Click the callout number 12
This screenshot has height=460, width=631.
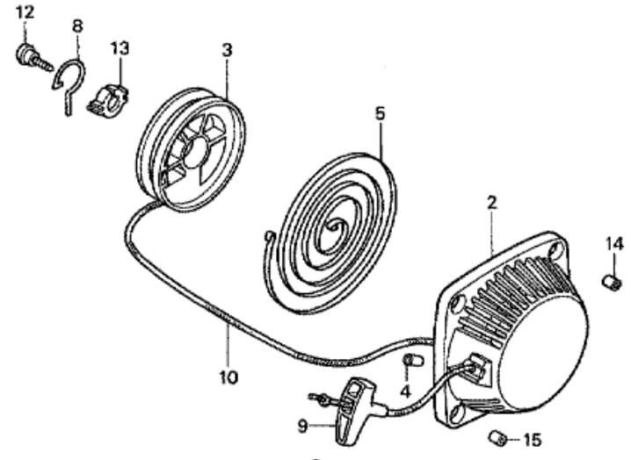[25, 13]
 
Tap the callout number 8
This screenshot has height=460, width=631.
[77, 26]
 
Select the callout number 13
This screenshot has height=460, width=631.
[120, 48]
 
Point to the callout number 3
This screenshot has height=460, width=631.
[227, 50]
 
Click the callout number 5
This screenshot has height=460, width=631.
[380, 113]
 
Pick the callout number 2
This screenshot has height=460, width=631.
[492, 203]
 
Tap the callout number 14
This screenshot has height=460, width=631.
[614, 244]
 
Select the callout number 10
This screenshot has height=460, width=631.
[228, 377]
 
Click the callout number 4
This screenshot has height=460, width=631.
[405, 391]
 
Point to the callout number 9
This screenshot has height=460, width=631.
[303, 427]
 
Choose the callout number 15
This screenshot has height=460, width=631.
[533, 441]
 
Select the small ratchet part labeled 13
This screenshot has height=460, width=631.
[108, 101]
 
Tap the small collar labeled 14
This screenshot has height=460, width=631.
[612, 282]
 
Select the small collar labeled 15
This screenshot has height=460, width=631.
[497, 437]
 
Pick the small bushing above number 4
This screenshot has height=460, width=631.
[413, 360]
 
